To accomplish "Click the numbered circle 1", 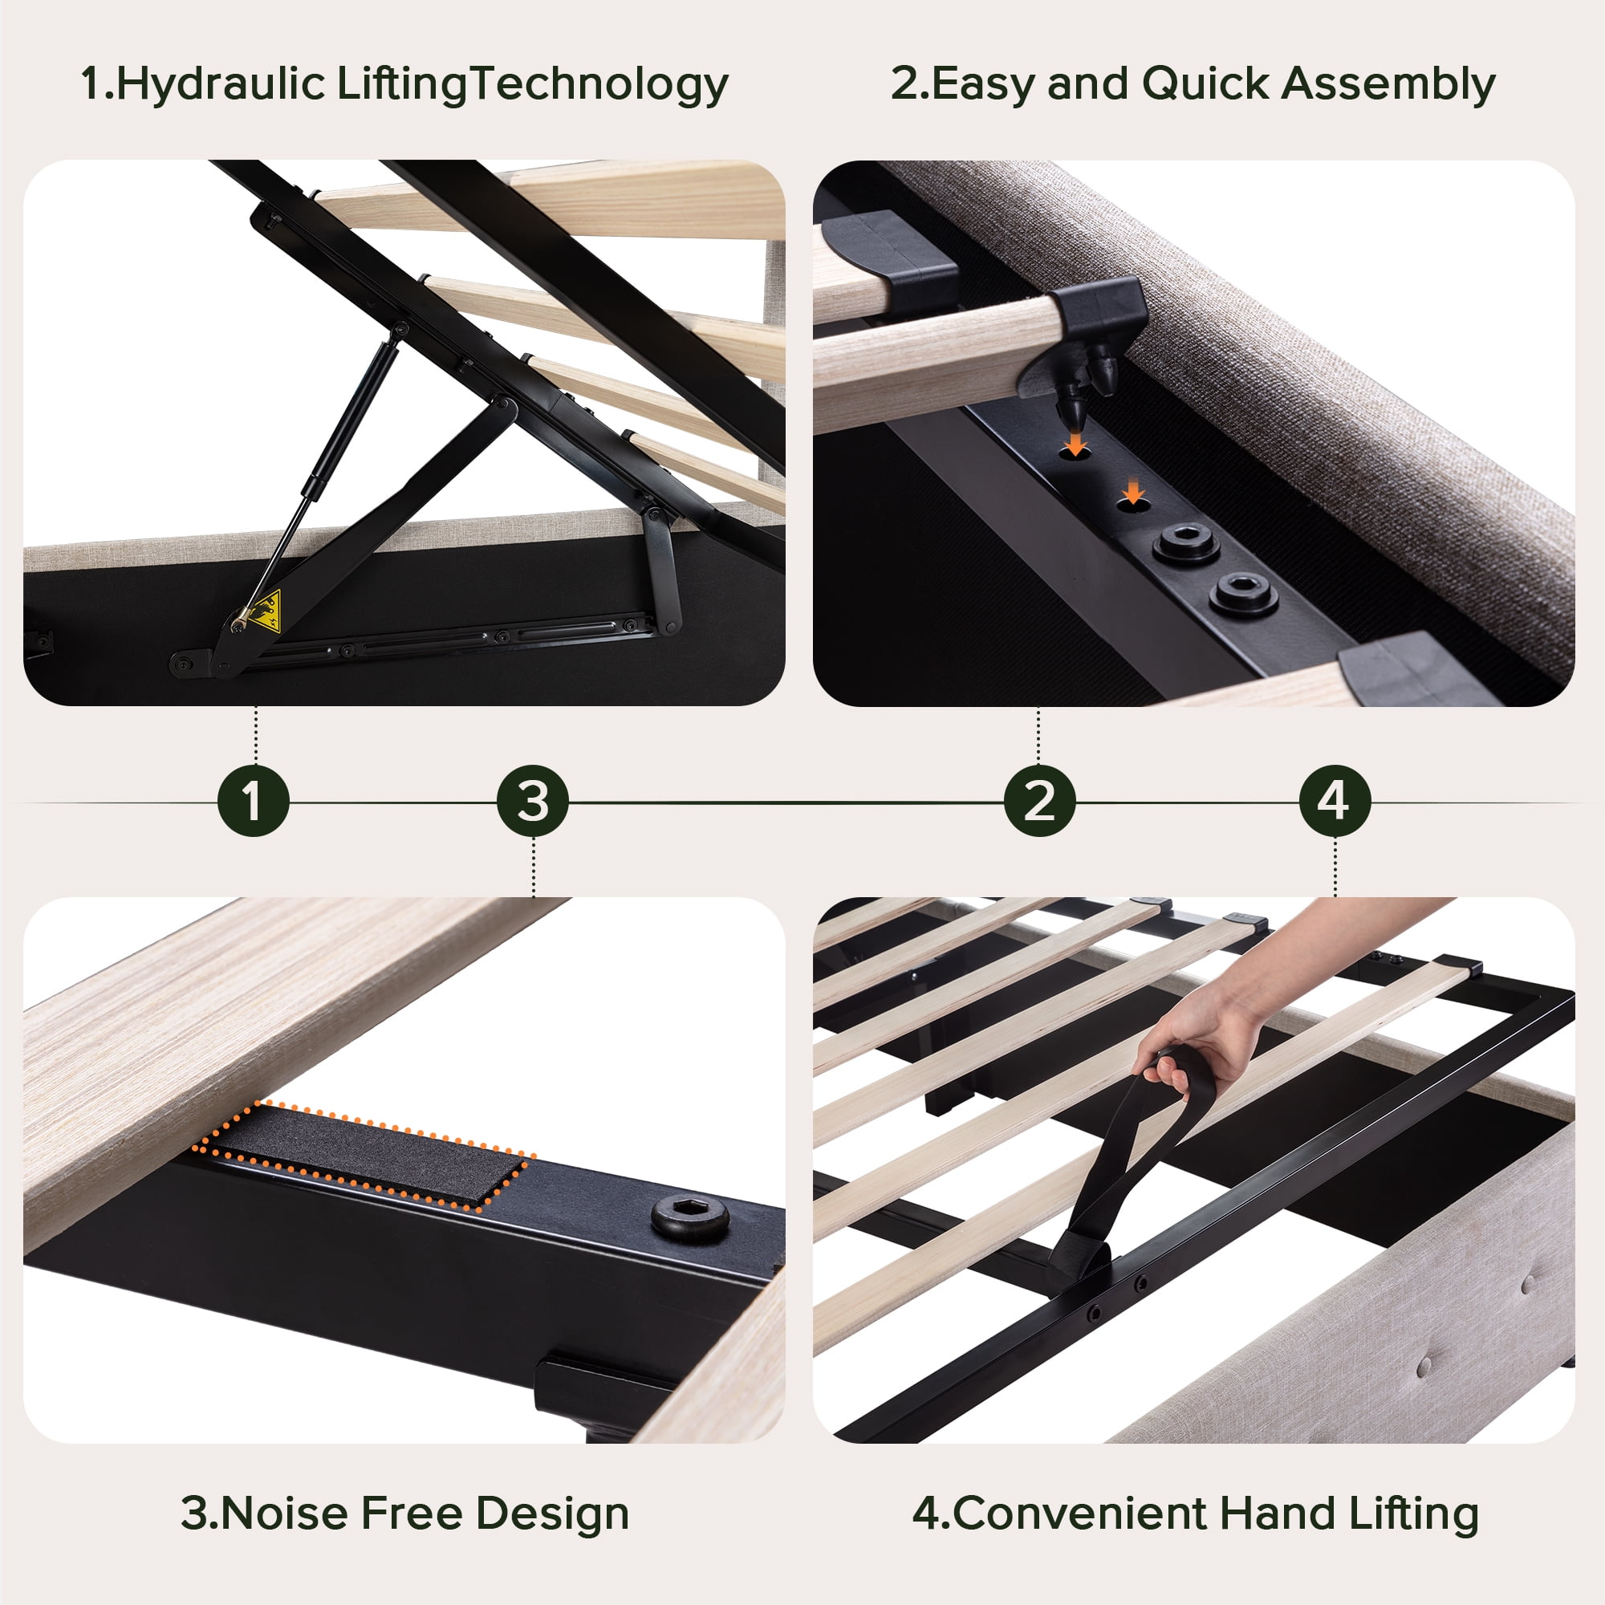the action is (254, 801).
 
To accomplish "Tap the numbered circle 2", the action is (1039, 801).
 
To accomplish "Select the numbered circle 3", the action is (533, 801).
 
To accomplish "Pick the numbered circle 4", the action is (1335, 801).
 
